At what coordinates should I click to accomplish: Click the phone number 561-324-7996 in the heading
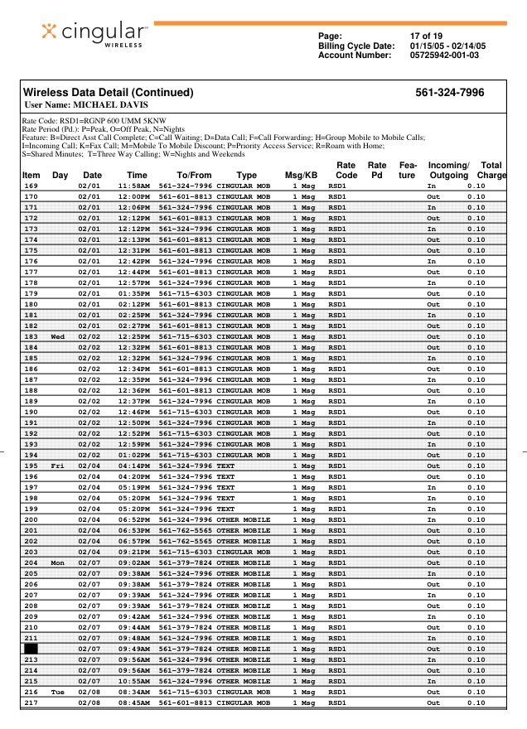click(x=450, y=93)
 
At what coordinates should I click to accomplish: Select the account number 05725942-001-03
click(x=444, y=56)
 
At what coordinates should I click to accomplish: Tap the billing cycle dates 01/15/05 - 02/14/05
click(x=447, y=46)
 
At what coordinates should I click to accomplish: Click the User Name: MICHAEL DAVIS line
click(x=86, y=105)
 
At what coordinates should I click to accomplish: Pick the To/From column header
click(x=195, y=176)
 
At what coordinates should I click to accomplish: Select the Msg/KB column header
click(x=301, y=176)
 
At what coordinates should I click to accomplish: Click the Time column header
click(x=137, y=176)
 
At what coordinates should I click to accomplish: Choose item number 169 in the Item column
click(x=31, y=186)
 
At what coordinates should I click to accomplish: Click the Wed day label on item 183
click(x=58, y=337)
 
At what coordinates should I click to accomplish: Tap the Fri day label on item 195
click(x=58, y=466)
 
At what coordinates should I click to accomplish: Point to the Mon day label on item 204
click(x=58, y=563)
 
